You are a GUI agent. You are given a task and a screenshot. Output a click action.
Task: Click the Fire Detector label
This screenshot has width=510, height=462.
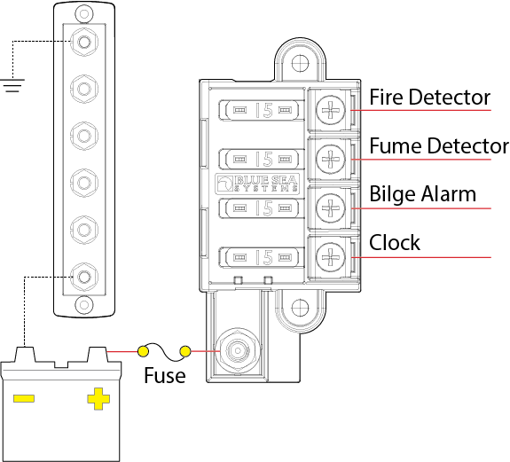pyautogui.click(x=429, y=97)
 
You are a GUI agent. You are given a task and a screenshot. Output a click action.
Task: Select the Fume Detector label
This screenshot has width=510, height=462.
pyautogui.click(x=438, y=145)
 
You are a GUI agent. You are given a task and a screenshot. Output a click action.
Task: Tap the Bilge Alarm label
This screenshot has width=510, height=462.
pyautogui.click(x=422, y=194)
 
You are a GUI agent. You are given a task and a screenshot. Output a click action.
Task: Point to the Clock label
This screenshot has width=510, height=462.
pyautogui.click(x=395, y=243)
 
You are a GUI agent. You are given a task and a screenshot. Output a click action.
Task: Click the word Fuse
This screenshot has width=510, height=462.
pyautogui.click(x=165, y=376)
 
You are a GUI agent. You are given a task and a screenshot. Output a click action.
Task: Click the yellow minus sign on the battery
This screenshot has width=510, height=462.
pyautogui.click(x=24, y=398)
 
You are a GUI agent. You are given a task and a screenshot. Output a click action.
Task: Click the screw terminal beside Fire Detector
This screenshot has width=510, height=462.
pyautogui.click(x=330, y=111)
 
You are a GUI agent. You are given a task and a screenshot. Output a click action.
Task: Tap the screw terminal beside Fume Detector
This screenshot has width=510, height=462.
pyautogui.click(x=330, y=160)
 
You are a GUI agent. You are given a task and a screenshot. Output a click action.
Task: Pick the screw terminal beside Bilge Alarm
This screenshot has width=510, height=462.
pyautogui.click(x=330, y=208)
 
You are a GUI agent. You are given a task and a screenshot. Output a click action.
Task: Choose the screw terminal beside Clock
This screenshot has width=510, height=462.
pyautogui.click(x=330, y=257)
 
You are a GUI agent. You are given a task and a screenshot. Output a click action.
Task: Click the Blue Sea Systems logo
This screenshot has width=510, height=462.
pyautogui.click(x=257, y=184)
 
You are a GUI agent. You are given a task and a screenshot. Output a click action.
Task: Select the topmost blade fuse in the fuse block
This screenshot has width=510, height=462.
pyautogui.click(x=263, y=111)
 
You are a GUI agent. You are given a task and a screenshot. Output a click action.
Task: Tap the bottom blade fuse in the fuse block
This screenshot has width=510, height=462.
pyautogui.click(x=263, y=257)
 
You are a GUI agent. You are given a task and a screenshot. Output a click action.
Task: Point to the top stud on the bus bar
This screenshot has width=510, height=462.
pyautogui.click(x=83, y=41)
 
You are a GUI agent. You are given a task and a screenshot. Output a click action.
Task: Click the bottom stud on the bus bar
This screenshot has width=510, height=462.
pyautogui.click(x=83, y=276)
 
